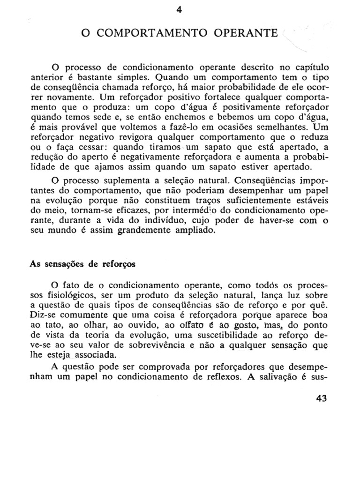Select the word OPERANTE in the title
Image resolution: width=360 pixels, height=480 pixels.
pyautogui.click(x=244, y=34)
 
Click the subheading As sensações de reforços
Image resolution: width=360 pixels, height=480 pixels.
pyautogui.click(x=82, y=264)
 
